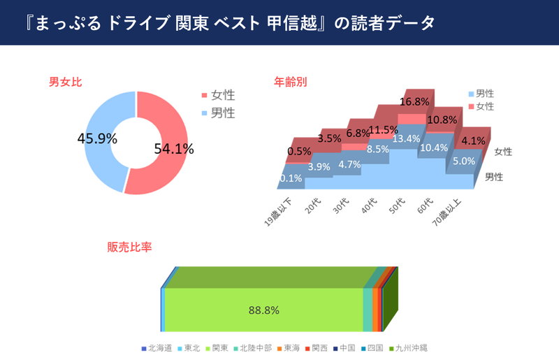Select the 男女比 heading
[x=65, y=82]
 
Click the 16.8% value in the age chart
[x=414, y=102]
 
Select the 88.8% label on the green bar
[x=264, y=310]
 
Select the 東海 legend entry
[x=290, y=347]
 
